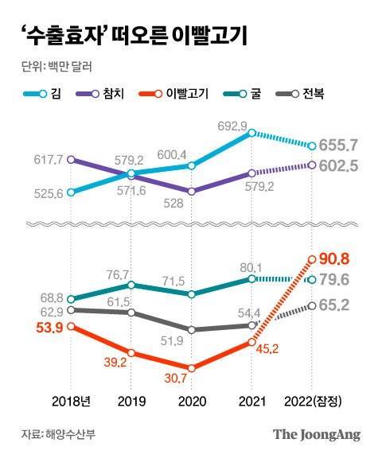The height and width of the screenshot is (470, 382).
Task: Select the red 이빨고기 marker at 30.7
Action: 191,367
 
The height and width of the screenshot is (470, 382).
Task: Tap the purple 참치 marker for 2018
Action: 72,159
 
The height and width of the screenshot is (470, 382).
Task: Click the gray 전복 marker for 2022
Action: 312,305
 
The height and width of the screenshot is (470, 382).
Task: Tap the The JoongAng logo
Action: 316,434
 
